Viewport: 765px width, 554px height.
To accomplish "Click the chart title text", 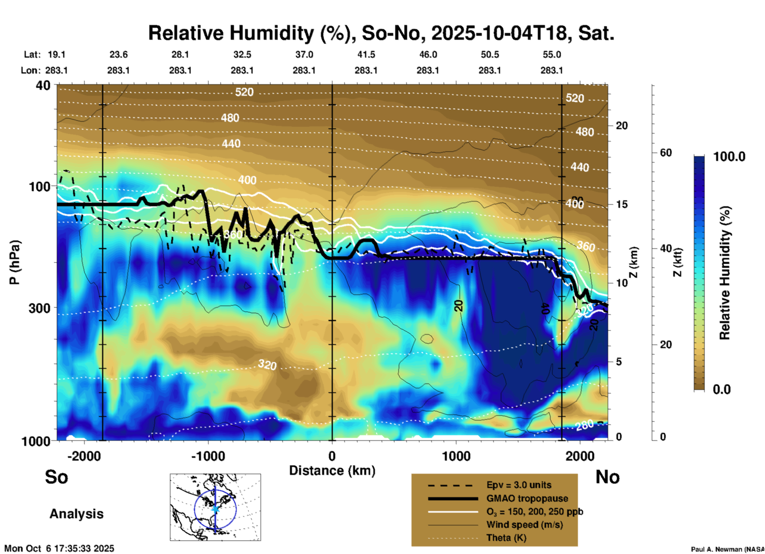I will pos(381,33).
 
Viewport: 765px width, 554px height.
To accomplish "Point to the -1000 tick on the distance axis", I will pos(208,456).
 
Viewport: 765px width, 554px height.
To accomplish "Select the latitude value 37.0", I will pos(304,54).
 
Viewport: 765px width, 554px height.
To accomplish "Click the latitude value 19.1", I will pos(56,54).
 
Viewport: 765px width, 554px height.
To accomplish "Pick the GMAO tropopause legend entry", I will pos(527,498).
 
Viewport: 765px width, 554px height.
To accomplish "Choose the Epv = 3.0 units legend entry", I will pos(519,485).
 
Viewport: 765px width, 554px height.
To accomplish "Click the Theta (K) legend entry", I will pos(506,538).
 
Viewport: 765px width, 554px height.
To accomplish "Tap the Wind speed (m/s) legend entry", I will pos(524,525).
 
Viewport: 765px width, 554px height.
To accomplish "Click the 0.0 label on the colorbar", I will pos(722,389).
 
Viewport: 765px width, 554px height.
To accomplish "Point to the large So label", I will pos(56,477).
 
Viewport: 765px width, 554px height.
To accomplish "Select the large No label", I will pos(607,477).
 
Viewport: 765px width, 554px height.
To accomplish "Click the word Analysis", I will pos(76,514).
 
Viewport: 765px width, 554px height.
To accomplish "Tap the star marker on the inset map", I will pos(215,509).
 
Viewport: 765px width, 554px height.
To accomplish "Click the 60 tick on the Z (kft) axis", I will pos(666,153).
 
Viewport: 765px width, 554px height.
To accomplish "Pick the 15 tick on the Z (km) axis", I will pos(622,204).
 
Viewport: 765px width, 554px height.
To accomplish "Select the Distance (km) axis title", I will pos(332,471).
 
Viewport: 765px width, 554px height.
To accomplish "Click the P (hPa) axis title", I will pos(15,262).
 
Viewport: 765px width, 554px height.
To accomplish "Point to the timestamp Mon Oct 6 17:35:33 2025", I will pos(59,548).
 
